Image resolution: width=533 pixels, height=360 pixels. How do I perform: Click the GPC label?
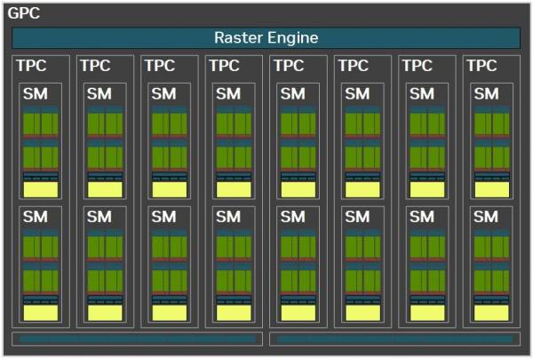[x=24, y=13]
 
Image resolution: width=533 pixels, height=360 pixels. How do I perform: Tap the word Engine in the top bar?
[x=292, y=38]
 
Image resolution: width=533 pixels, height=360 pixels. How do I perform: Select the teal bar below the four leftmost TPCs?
[x=138, y=339]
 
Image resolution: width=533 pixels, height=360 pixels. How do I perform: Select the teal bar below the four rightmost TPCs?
[x=394, y=339]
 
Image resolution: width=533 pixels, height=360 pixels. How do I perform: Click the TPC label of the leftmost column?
[x=31, y=66]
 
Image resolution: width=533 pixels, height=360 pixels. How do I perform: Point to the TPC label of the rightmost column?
[x=482, y=66]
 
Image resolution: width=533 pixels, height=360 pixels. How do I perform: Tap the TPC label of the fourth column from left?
[x=225, y=66]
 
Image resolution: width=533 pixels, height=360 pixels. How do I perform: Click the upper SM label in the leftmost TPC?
[x=36, y=93]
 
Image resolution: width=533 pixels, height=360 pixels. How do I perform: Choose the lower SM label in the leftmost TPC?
[x=36, y=217]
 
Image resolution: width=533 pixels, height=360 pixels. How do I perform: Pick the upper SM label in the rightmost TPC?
[x=487, y=93]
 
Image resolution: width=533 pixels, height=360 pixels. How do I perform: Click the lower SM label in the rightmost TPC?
[x=486, y=217]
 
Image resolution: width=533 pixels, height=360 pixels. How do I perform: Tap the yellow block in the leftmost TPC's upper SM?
[x=41, y=189]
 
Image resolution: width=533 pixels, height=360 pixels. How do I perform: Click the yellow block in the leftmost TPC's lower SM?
[x=41, y=313]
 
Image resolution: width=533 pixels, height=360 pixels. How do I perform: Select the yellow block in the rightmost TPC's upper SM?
[x=492, y=189]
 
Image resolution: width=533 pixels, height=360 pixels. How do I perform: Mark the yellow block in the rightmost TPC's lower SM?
[x=491, y=313]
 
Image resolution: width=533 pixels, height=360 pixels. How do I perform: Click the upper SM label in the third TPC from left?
[x=163, y=93]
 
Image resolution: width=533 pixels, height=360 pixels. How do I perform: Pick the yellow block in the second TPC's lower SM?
[x=105, y=313]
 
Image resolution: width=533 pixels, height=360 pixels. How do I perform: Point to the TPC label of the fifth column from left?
[x=289, y=66]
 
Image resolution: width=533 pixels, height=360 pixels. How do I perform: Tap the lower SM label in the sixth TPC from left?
[x=357, y=217]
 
